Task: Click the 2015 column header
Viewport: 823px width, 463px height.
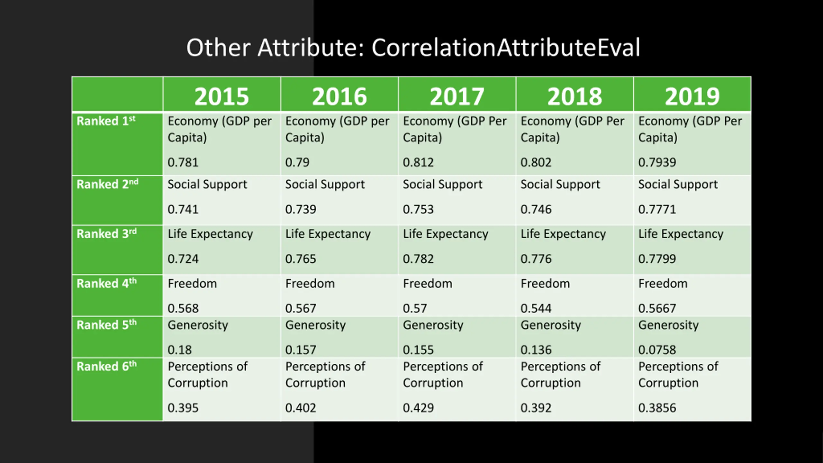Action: click(222, 96)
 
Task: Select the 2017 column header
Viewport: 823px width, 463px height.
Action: click(457, 96)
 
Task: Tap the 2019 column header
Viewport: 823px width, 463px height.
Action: click(692, 96)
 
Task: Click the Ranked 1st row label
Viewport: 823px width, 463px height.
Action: click(106, 121)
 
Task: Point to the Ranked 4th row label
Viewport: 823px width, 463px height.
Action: click(106, 284)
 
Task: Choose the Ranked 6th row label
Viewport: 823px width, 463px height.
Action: click(106, 367)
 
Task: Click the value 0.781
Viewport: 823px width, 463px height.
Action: click(183, 162)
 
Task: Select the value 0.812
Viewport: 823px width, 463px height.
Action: click(418, 162)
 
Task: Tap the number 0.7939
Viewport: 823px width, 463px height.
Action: click(657, 162)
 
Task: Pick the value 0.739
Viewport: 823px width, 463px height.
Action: click(301, 210)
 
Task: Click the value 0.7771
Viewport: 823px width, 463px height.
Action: click(657, 210)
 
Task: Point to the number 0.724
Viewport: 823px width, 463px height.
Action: click(183, 259)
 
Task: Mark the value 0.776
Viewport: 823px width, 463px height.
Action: click(536, 259)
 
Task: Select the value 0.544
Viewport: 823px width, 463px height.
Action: click(536, 308)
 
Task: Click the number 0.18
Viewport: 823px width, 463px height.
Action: click(179, 350)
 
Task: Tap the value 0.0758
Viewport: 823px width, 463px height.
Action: click(657, 350)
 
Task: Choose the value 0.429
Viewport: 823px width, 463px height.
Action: click(418, 408)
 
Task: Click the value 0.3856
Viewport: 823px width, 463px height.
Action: click(657, 408)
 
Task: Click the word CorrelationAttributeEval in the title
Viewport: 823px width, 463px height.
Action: click(506, 48)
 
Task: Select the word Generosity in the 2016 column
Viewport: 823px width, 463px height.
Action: click(315, 325)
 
